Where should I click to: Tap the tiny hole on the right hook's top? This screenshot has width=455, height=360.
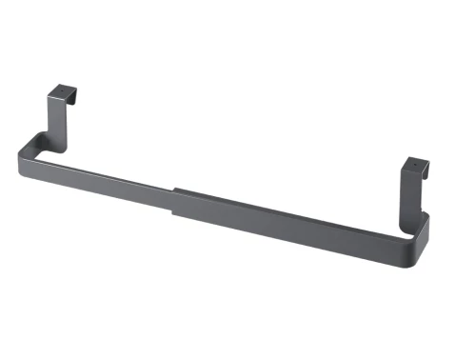[415, 164]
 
